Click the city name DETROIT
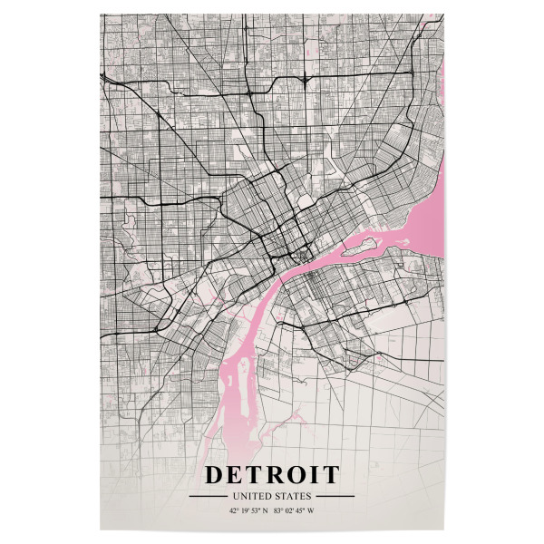click(272, 474)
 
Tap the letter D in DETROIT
click(215, 474)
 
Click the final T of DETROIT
click(331, 474)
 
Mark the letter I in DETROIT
click(316, 474)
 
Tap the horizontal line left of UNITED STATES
click(208, 497)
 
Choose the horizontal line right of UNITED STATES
click(335, 497)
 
